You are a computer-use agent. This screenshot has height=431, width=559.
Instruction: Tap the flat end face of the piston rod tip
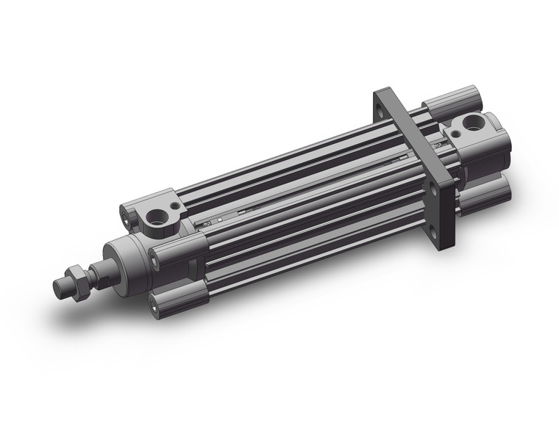58,286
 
